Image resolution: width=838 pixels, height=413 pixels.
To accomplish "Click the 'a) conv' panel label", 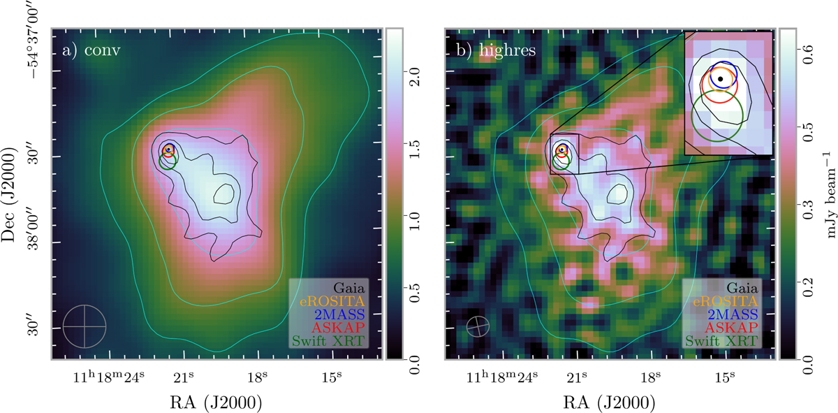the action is point(91,50).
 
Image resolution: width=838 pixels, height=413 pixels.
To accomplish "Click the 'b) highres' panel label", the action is point(496,50).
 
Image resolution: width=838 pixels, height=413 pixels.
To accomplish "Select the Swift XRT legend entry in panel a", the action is point(328,341).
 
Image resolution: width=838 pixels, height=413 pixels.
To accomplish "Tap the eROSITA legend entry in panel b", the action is point(726,301).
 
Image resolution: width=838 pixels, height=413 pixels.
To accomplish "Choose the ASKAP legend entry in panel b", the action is point(731,327).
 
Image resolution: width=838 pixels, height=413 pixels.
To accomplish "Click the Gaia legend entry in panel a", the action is point(349,288).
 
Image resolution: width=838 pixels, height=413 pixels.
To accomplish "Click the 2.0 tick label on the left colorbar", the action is point(414,77).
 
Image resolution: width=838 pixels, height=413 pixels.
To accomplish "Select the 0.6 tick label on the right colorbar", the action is point(807,55).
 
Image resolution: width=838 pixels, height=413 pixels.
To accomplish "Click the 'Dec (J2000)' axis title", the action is point(9,194).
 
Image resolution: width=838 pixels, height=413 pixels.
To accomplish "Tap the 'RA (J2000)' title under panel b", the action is point(610,403).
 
